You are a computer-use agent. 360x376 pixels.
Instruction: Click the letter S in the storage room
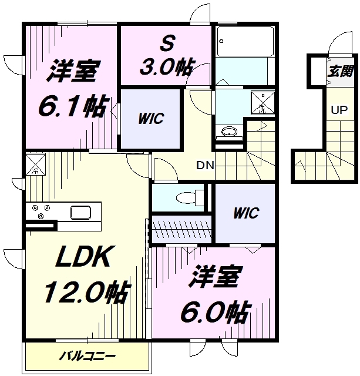click(166, 42)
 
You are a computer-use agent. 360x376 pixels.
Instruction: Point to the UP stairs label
click(338, 109)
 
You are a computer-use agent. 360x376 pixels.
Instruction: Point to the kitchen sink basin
click(79, 211)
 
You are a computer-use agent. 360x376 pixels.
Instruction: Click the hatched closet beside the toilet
click(181, 226)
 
